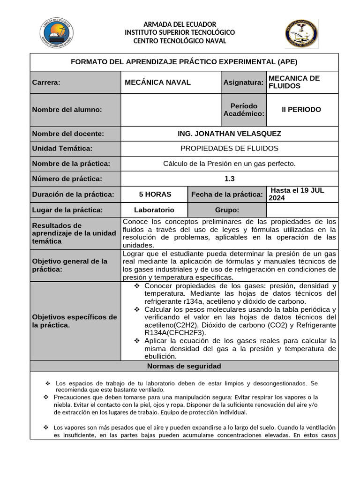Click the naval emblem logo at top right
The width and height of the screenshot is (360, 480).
coord(301,34)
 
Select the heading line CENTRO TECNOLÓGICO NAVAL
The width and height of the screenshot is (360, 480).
coord(180,41)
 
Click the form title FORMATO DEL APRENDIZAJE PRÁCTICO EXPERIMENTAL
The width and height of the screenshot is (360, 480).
coord(184,62)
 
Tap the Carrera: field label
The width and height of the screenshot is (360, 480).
coord(46,82)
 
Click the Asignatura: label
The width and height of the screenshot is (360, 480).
coord(243,82)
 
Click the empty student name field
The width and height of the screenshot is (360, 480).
coord(171,110)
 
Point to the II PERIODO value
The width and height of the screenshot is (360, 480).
coord(301,110)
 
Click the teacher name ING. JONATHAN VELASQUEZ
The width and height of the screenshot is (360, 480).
coord(230,134)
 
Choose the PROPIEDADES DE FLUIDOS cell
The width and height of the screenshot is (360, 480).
coord(230,149)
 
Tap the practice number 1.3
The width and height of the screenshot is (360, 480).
coord(230,179)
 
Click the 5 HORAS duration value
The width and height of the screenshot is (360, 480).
coord(155,194)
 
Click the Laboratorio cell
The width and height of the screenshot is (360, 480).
coord(154,210)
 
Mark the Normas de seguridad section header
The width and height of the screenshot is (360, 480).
coord(184,366)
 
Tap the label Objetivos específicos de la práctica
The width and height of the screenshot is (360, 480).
coord(75,321)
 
